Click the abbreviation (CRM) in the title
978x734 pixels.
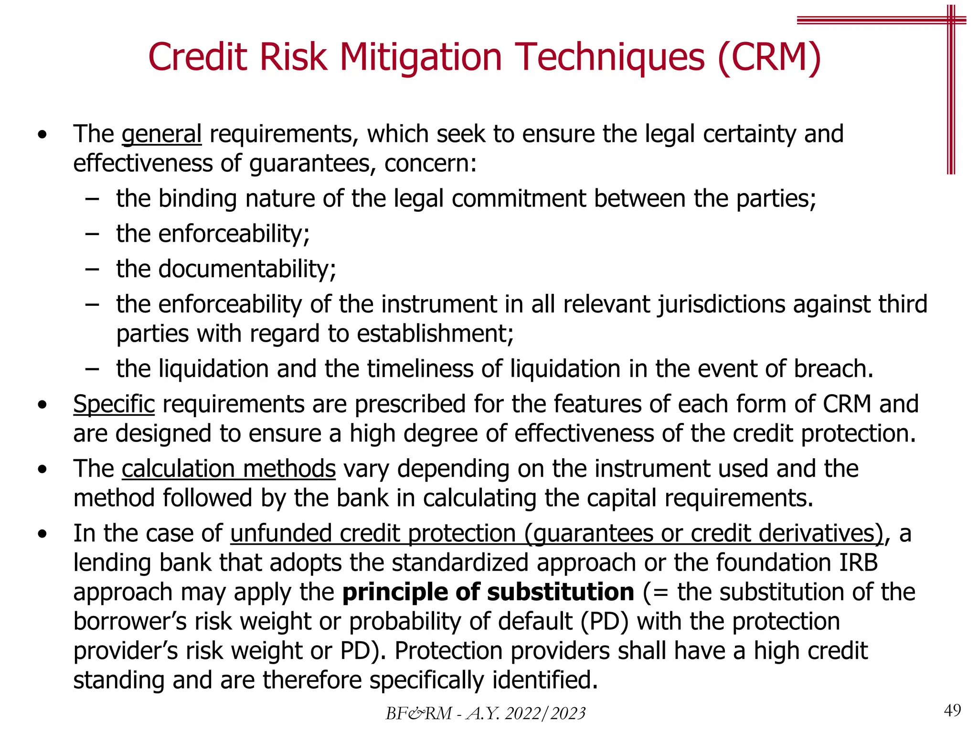click(769, 57)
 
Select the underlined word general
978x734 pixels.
click(161, 134)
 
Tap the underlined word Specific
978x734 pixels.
click(114, 404)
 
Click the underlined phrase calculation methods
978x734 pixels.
click(228, 469)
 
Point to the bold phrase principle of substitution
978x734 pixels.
click(488, 592)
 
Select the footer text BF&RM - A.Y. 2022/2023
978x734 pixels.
click(485, 713)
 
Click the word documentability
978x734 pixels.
click(247, 269)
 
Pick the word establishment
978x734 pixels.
click(435, 334)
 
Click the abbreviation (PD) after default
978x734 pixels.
click(604, 622)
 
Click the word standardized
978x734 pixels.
click(460, 562)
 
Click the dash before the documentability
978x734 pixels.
click(92, 269)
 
